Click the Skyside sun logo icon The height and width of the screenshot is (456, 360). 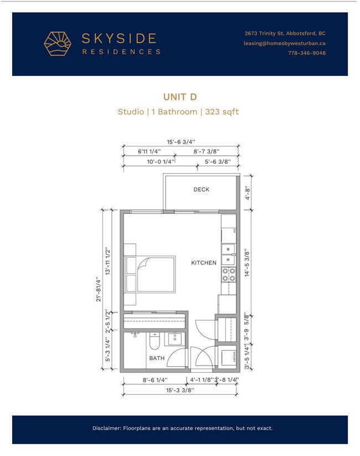point(59,44)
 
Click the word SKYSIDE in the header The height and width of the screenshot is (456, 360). point(119,38)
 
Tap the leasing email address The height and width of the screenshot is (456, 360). point(284,43)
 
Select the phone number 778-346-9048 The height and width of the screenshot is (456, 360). point(306,53)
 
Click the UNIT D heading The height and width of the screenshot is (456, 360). point(179,96)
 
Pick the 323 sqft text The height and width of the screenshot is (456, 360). point(222,111)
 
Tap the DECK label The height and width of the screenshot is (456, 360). point(201,189)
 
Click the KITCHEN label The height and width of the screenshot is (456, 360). point(203,263)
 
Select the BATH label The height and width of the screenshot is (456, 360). point(157,358)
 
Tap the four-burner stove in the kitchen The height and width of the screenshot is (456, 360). point(228,274)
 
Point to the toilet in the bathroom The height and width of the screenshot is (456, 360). point(155,341)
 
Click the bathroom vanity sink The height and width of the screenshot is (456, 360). point(175,339)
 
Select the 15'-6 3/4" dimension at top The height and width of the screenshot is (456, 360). point(180,141)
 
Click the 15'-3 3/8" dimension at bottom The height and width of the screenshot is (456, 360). point(180,390)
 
